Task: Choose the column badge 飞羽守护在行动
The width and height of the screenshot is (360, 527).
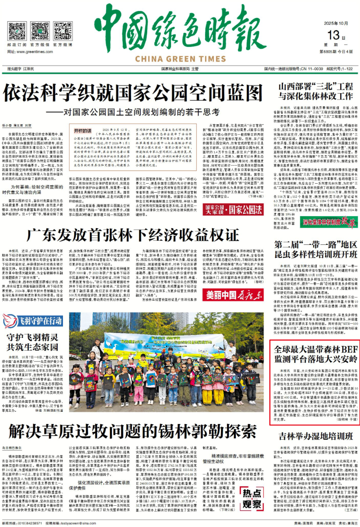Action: point(32,321)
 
